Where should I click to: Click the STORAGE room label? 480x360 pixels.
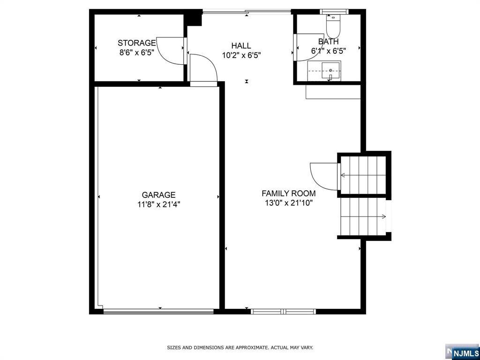136,43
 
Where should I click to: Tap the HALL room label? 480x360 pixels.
241,45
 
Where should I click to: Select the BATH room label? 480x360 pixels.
328,42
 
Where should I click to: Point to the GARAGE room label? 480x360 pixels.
158,195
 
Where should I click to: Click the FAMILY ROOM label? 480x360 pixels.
288,193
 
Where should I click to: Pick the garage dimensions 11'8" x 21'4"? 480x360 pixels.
158,204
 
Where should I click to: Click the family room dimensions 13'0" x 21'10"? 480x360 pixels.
288,203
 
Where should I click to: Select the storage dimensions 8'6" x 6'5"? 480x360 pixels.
136,52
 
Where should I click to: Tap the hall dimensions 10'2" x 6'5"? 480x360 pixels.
241,55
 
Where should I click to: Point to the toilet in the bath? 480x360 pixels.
333,27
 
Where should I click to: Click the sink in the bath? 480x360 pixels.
331,72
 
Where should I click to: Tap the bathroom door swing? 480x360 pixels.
306,47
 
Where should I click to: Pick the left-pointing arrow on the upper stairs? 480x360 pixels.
343,175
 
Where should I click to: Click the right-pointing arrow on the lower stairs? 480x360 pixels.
383,217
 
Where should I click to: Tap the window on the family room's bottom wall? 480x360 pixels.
283,311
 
